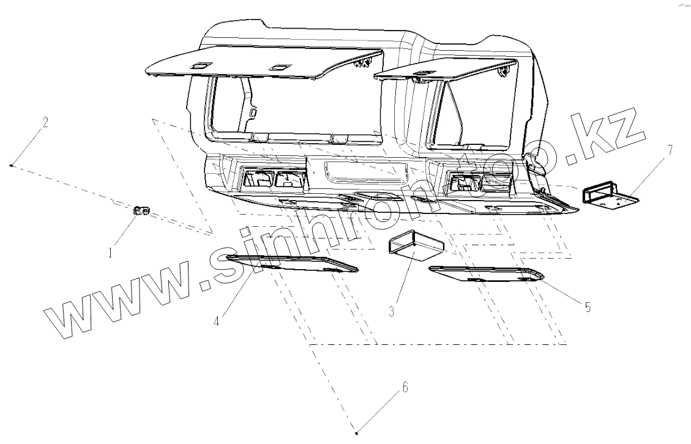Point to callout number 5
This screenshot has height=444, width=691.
587,307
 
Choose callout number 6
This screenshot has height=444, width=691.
404,387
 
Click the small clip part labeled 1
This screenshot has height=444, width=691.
141,211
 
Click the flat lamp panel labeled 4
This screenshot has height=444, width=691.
292,264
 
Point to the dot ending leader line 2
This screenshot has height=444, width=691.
12,165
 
